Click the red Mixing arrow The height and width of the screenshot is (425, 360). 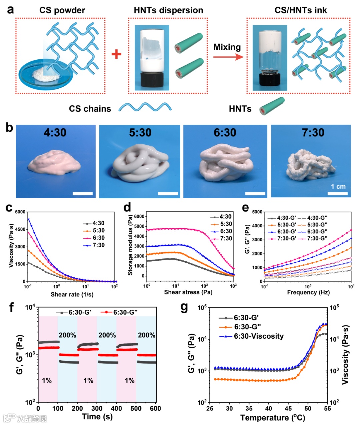[x=228, y=57]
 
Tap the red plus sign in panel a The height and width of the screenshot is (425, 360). [x=116, y=54]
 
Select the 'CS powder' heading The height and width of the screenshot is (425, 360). [x=62, y=10]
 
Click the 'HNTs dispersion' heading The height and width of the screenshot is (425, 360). [x=168, y=10]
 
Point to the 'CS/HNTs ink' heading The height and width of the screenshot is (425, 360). [x=301, y=10]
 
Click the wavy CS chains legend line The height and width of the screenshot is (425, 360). [x=145, y=108]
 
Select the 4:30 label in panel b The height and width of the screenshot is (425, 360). [x=55, y=133]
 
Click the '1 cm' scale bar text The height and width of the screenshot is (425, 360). [x=338, y=186]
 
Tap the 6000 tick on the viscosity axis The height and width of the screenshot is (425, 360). [x=20, y=212]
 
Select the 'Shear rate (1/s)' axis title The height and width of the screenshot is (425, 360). [x=72, y=295]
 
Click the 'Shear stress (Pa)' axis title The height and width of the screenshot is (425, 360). [x=188, y=292]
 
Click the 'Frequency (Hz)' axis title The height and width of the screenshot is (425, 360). [x=308, y=292]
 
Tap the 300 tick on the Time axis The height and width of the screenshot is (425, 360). [x=97, y=409]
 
